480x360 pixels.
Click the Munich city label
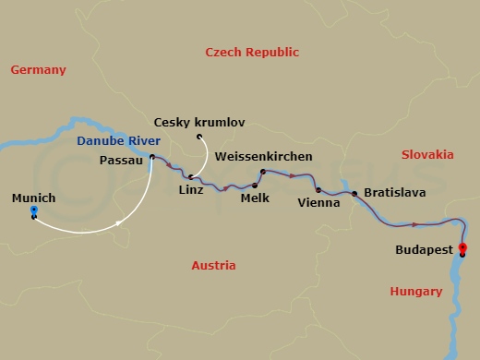click(x=32, y=198)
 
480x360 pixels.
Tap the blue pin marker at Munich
click(x=34, y=212)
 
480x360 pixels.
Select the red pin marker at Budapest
click(x=462, y=247)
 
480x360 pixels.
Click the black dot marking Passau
click(x=151, y=156)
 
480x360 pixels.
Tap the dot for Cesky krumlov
click(x=198, y=138)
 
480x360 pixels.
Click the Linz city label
click(x=188, y=190)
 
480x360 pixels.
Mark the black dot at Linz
click(x=189, y=176)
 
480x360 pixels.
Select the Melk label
click(x=253, y=198)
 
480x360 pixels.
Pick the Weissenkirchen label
click(x=263, y=157)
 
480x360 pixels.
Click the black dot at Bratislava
click(x=354, y=194)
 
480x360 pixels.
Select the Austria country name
click(x=212, y=265)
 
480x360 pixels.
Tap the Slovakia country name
click(x=426, y=154)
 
